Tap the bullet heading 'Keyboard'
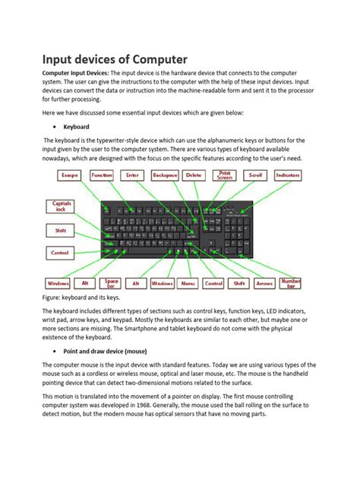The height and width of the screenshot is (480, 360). click(77, 127)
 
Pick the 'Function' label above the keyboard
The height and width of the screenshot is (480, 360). click(102, 175)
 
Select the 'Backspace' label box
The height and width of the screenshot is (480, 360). click(165, 175)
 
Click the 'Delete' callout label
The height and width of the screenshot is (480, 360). click(194, 175)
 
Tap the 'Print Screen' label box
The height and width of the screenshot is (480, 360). click(225, 175)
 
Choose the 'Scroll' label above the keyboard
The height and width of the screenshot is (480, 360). click(256, 175)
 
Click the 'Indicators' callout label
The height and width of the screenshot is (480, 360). click(289, 175)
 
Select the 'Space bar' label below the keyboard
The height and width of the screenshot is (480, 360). click(112, 283)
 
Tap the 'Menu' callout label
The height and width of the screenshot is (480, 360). click(187, 283)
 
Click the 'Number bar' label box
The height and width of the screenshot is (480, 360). click(291, 283)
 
